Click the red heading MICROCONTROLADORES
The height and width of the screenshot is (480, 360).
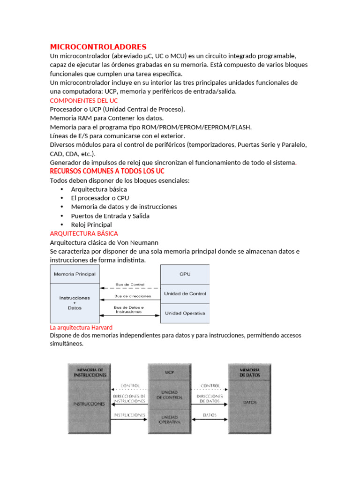tap(98, 47)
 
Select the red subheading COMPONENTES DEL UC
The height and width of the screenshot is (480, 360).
tap(84, 100)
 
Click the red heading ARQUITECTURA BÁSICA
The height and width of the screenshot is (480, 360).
tap(84, 233)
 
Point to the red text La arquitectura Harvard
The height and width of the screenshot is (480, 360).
tap(81, 327)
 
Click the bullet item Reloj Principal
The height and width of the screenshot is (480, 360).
tap(91, 225)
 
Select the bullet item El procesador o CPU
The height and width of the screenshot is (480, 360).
tap(100, 198)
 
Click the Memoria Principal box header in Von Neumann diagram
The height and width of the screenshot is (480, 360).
tap(75, 274)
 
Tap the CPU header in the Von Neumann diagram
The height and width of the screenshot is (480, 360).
tap(185, 274)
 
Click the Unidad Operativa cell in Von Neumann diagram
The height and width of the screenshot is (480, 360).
tap(185, 313)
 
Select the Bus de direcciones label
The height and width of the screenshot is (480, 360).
tap(133, 296)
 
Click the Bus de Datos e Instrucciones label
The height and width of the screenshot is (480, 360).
tap(129, 309)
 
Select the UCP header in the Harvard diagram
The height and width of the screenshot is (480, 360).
tap(169, 373)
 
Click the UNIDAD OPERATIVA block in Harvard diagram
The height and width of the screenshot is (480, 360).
tap(169, 420)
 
